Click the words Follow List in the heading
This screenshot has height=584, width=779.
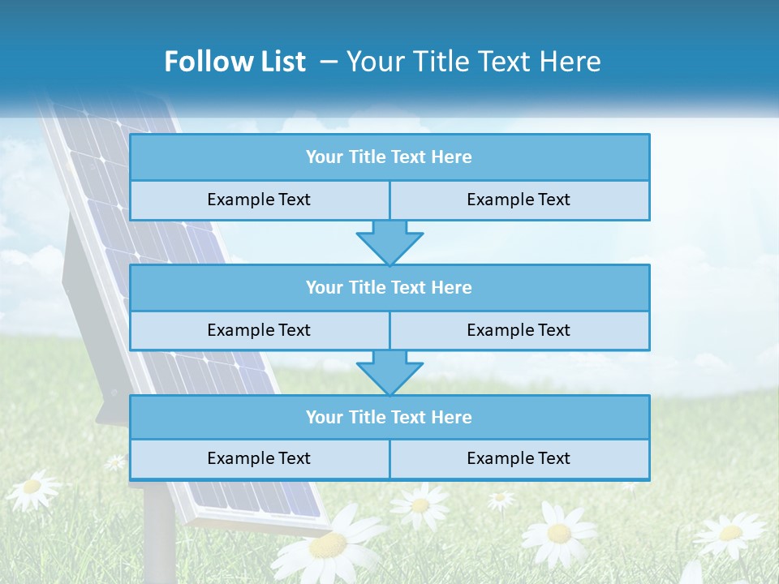(x=235, y=62)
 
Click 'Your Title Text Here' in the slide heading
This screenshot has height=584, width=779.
(x=473, y=62)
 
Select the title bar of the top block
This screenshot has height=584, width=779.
(x=389, y=157)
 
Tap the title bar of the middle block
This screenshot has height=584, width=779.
(x=389, y=287)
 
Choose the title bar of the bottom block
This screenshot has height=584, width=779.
(x=389, y=417)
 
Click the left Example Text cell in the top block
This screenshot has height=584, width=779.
(x=259, y=200)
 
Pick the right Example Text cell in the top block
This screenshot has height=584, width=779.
(x=519, y=200)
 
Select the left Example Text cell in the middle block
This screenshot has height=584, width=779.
(x=259, y=330)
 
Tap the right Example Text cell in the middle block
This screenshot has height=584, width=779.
(x=519, y=330)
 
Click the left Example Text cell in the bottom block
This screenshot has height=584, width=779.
(x=259, y=458)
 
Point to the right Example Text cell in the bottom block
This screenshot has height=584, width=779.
(x=519, y=458)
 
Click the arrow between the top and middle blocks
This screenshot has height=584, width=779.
(x=389, y=243)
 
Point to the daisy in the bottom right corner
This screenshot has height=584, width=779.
(x=730, y=533)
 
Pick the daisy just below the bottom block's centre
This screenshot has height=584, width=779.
(x=420, y=505)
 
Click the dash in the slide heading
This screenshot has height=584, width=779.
(x=329, y=62)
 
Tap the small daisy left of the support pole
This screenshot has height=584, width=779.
(x=115, y=462)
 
